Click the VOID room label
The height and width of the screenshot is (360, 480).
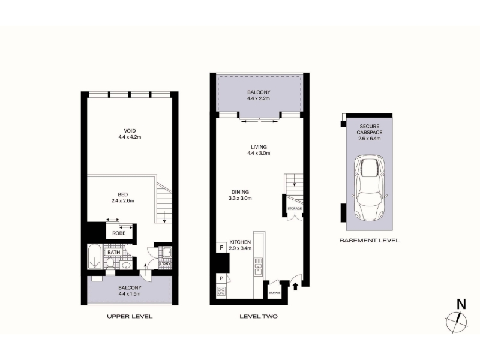pyautogui.click(x=130, y=131)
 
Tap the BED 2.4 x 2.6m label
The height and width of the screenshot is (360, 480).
pyautogui.click(x=122, y=197)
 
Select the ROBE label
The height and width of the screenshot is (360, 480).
pyautogui.click(x=119, y=233)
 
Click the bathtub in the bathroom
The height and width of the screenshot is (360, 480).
pyautogui.click(x=95, y=257)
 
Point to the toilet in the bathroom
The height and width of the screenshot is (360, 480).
pyautogui.click(x=110, y=262)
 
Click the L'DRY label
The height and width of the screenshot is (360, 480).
pyautogui.click(x=164, y=263)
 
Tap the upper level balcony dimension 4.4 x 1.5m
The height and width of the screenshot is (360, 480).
pyautogui.click(x=130, y=294)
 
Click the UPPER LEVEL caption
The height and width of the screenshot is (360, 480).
pyautogui.click(x=130, y=316)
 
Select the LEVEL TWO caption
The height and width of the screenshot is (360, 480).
pyautogui.click(x=259, y=316)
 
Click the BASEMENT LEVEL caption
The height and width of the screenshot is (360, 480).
pyautogui.click(x=370, y=241)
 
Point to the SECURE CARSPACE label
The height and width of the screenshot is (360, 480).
pyautogui.click(x=370, y=129)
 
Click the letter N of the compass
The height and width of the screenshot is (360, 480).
pyautogui.click(x=461, y=304)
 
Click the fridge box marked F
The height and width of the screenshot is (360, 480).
pyautogui.click(x=221, y=247)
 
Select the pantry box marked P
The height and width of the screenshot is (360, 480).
pyautogui.click(x=221, y=278)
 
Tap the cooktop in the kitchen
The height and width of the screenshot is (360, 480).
pyautogui.click(x=221, y=291)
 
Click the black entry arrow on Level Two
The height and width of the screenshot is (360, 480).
pyautogui.click(x=295, y=286)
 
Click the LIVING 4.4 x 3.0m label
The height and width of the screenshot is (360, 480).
pyautogui.click(x=259, y=150)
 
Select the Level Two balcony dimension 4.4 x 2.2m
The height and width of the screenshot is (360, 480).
pyautogui.click(x=259, y=98)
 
